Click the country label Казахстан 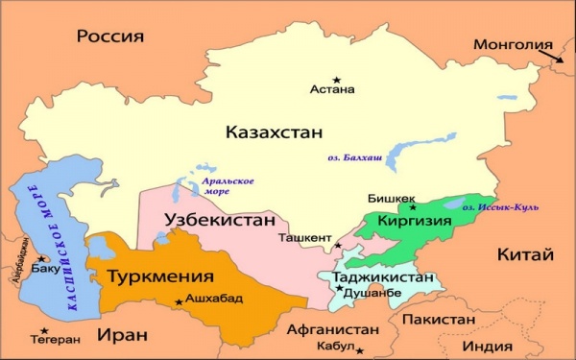[x=274, y=132]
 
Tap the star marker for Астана [x=336, y=79]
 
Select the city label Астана [x=332, y=90]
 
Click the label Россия [x=110, y=36]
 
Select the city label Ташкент [x=304, y=236]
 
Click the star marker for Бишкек [x=413, y=206]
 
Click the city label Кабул [x=335, y=347]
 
